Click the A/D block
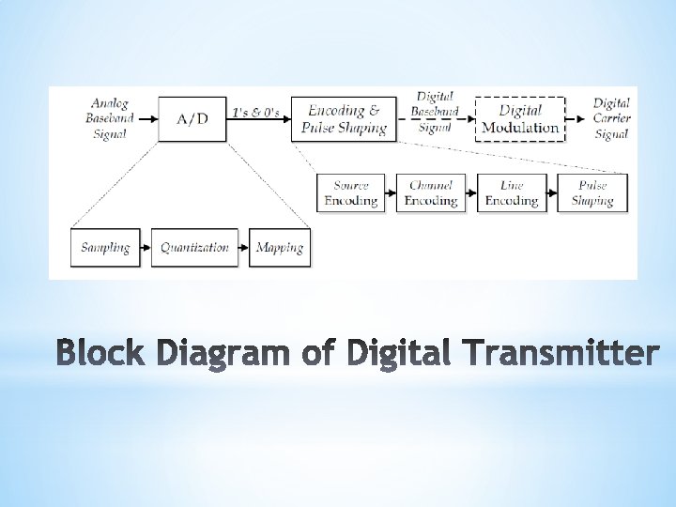click(192, 119)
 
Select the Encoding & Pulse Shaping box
click(344, 119)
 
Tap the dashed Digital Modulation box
click(520, 119)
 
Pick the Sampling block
click(105, 248)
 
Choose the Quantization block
click(194, 248)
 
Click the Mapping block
click(280, 248)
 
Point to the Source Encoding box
click(350, 193)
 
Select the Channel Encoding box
click(431, 193)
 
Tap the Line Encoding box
click(512, 193)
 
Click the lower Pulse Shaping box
click(592, 193)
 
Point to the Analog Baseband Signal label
click(110, 118)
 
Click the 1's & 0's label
click(255, 113)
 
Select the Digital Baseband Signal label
click(435, 112)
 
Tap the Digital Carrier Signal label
click(612, 118)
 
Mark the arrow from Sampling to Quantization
click(146, 248)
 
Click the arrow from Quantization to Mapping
click(243, 248)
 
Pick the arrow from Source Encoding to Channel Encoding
click(391, 193)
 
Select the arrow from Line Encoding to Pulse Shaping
click(552, 193)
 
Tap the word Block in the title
click(100, 352)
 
